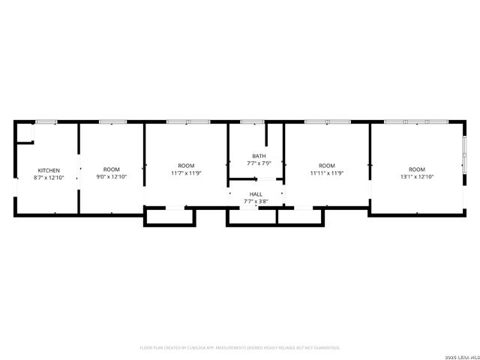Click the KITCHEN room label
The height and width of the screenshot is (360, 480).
point(49,170)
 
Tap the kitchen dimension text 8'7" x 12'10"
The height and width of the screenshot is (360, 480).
point(49,178)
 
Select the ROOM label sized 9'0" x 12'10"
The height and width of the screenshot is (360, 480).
point(111,169)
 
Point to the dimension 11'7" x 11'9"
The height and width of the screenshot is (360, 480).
point(186,173)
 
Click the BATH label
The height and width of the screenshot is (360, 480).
point(258,156)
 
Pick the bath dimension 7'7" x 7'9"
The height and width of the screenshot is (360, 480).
point(258,163)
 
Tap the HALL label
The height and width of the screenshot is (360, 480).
point(256,193)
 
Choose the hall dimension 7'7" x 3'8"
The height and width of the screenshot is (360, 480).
point(256,201)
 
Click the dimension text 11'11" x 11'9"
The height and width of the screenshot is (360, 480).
point(327,173)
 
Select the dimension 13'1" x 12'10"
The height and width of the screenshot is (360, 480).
point(416,177)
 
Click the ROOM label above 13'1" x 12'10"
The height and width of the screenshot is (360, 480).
point(416,169)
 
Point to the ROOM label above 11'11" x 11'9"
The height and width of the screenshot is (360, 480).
point(327,166)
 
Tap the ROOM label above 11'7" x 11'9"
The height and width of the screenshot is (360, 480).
point(186,166)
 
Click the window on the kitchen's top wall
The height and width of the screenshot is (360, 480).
point(46,121)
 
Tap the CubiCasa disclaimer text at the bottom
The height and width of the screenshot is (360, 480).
point(240,348)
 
